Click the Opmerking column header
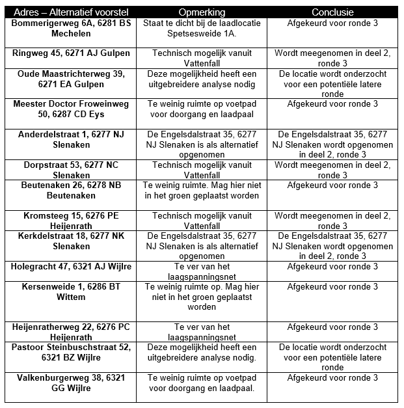click(x=202, y=12)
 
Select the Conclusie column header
click(x=332, y=12)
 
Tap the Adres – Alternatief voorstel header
click(x=71, y=12)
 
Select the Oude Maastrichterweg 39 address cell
click(x=71, y=79)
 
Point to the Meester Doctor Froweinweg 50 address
click(x=71, y=109)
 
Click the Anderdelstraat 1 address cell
click(x=71, y=139)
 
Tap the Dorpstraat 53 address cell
click(x=71, y=170)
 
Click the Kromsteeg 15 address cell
click(x=71, y=221)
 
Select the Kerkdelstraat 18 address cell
click(x=71, y=241)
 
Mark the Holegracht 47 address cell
click(x=71, y=267)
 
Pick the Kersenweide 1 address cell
click(x=71, y=292)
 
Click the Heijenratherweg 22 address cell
click(x=71, y=333)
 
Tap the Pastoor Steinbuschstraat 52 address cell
click(x=71, y=353)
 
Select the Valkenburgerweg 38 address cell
click(x=71, y=383)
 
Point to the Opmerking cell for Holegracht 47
click(x=202, y=271)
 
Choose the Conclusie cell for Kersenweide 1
click(x=332, y=287)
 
